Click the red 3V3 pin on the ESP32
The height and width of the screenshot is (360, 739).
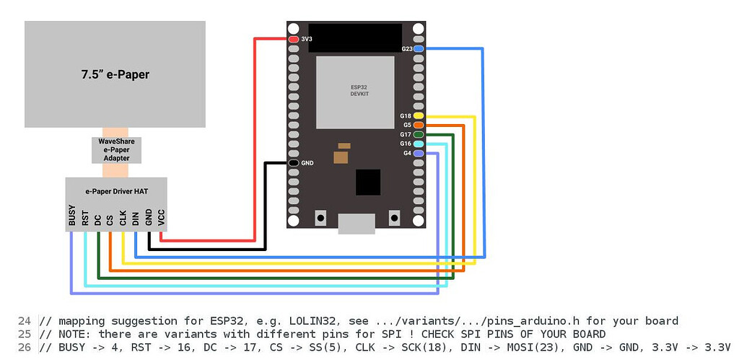(x=293, y=38)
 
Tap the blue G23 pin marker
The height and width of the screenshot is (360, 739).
(x=419, y=48)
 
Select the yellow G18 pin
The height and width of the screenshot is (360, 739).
(x=419, y=115)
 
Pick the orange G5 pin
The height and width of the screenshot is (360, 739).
(x=419, y=125)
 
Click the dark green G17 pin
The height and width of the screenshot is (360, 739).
(x=419, y=134)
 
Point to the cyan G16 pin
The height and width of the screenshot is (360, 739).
(x=419, y=144)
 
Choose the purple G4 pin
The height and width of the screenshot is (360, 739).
(x=419, y=153)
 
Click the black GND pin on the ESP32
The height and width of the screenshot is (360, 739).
(x=293, y=163)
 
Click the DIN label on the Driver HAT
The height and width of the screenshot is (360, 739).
(x=136, y=218)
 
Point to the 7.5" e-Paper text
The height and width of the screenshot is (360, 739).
(x=115, y=74)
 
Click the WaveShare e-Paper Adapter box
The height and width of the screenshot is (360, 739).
(x=116, y=149)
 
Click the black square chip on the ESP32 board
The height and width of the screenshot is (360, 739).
(x=368, y=182)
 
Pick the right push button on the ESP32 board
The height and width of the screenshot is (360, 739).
(x=394, y=216)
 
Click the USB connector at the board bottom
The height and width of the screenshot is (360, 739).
(x=357, y=224)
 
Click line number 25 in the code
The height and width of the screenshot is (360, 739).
(x=25, y=334)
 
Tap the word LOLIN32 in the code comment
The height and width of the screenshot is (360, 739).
(x=311, y=321)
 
